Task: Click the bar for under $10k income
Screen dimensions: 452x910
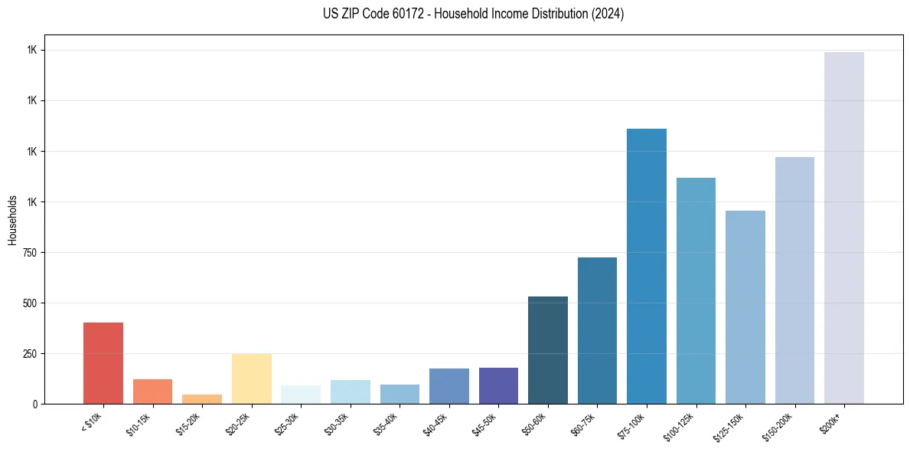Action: click(x=103, y=363)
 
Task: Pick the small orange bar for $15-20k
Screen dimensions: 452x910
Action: click(x=202, y=399)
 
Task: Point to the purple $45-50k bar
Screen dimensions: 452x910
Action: click(x=498, y=385)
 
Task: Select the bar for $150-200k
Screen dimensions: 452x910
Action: click(x=794, y=280)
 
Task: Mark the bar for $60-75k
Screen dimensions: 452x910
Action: click(x=597, y=330)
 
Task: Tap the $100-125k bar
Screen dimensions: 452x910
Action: click(x=696, y=290)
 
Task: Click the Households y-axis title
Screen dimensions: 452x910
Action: click(x=12, y=220)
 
